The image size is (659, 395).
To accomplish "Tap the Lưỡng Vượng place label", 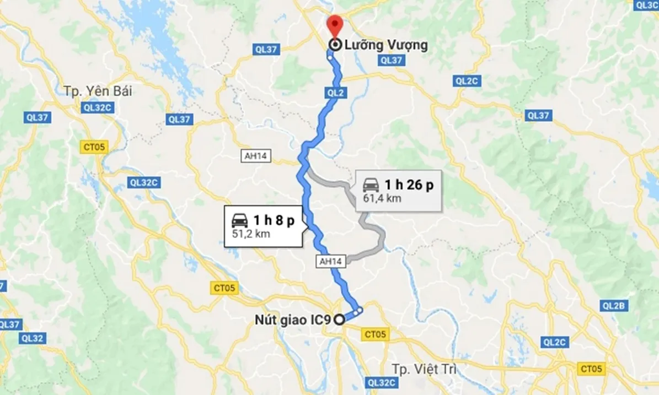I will (x=386, y=45).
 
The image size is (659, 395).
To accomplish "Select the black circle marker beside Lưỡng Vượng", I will (x=334, y=45).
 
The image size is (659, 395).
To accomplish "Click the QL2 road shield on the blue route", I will (x=335, y=93).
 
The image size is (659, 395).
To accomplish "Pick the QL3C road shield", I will (x=646, y=5).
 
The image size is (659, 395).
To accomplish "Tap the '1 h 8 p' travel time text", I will (x=274, y=221).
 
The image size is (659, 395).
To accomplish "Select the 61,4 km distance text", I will (x=382, y=198).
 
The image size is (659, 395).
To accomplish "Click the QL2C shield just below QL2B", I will (x=554, y=342).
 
